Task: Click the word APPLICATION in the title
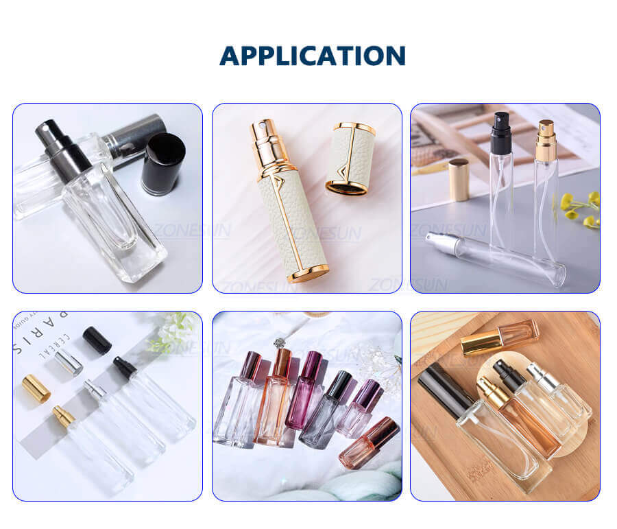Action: (x=312, y=56)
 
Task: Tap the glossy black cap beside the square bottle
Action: (x=162, y=163)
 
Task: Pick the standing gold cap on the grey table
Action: (x=459, y=179)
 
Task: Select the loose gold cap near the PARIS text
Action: (x=36, y=388)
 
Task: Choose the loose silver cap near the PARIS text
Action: (x=69, y=362)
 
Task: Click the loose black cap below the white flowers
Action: (x=97, y=340)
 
